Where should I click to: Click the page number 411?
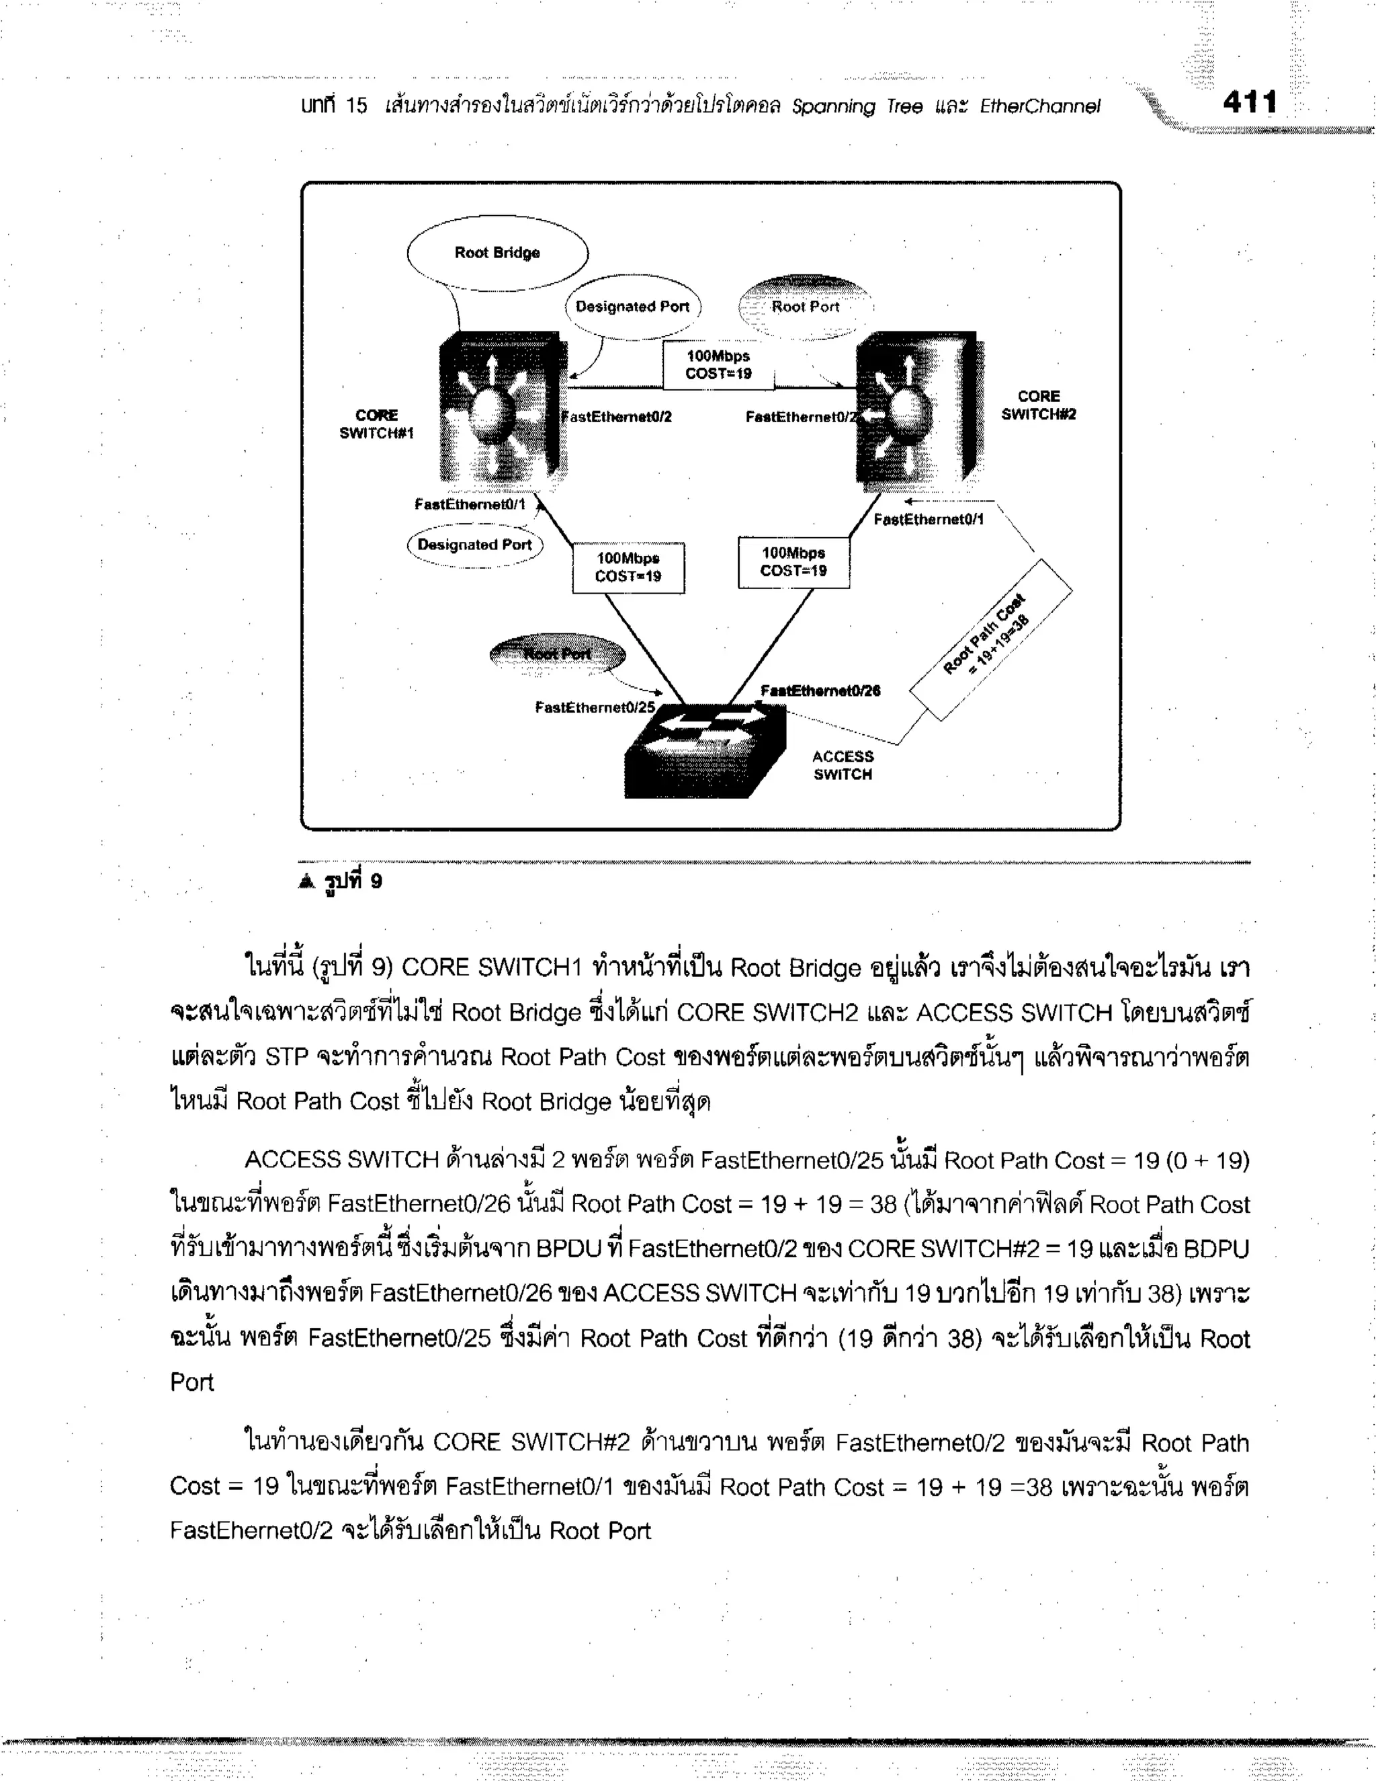tap(1250, 103)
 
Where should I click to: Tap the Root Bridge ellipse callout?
tap(497, 253)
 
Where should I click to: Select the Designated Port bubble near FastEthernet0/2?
tap(632, 307)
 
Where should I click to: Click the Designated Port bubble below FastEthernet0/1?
tap(474, 545)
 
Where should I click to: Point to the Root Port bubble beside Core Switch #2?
tap(804, 307)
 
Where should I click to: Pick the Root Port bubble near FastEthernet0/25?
tap(558, 654)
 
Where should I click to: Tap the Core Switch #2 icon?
tap(917, 407)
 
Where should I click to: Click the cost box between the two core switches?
tap(718, 364)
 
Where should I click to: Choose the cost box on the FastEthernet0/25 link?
tap(628, 567)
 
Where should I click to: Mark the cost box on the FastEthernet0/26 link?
tap(793, 562)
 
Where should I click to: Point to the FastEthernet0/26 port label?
tap(820, 690)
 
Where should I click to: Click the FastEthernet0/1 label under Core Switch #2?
tap(929, 520)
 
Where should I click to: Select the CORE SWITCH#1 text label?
tap(377, 424)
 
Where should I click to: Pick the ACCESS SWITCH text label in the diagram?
tap(843, 765)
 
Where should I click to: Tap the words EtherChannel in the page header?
tap(1039, 107)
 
